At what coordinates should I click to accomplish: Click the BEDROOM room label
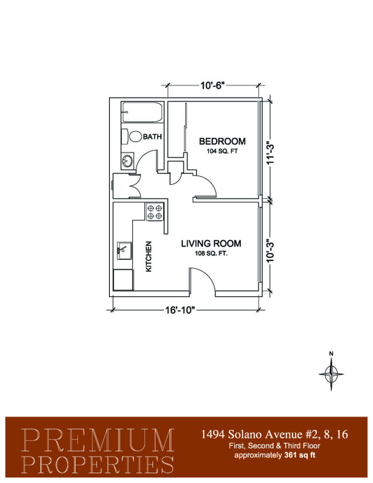(222, 141)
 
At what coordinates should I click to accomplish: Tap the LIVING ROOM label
(211, 244)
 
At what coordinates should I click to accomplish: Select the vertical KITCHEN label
(148, 256)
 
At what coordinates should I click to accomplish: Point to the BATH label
(152, 136)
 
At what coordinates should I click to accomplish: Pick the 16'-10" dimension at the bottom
(180, 310)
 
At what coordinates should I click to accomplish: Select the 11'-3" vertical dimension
(270, 153)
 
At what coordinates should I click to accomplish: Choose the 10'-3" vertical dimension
(270, 251)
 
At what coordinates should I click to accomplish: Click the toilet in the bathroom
(131, 136)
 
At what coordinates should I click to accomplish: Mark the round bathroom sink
(127, 161)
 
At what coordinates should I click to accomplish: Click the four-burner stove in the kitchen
(155, 212)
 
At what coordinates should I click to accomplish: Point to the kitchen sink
(124, 250)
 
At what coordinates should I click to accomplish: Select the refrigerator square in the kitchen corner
(123, 280)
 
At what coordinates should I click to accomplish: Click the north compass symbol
(331, 372)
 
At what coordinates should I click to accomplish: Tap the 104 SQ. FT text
(222, 151)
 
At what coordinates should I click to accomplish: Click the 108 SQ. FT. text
(211, 254)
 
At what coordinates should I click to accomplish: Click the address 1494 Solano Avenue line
(275, 434)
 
